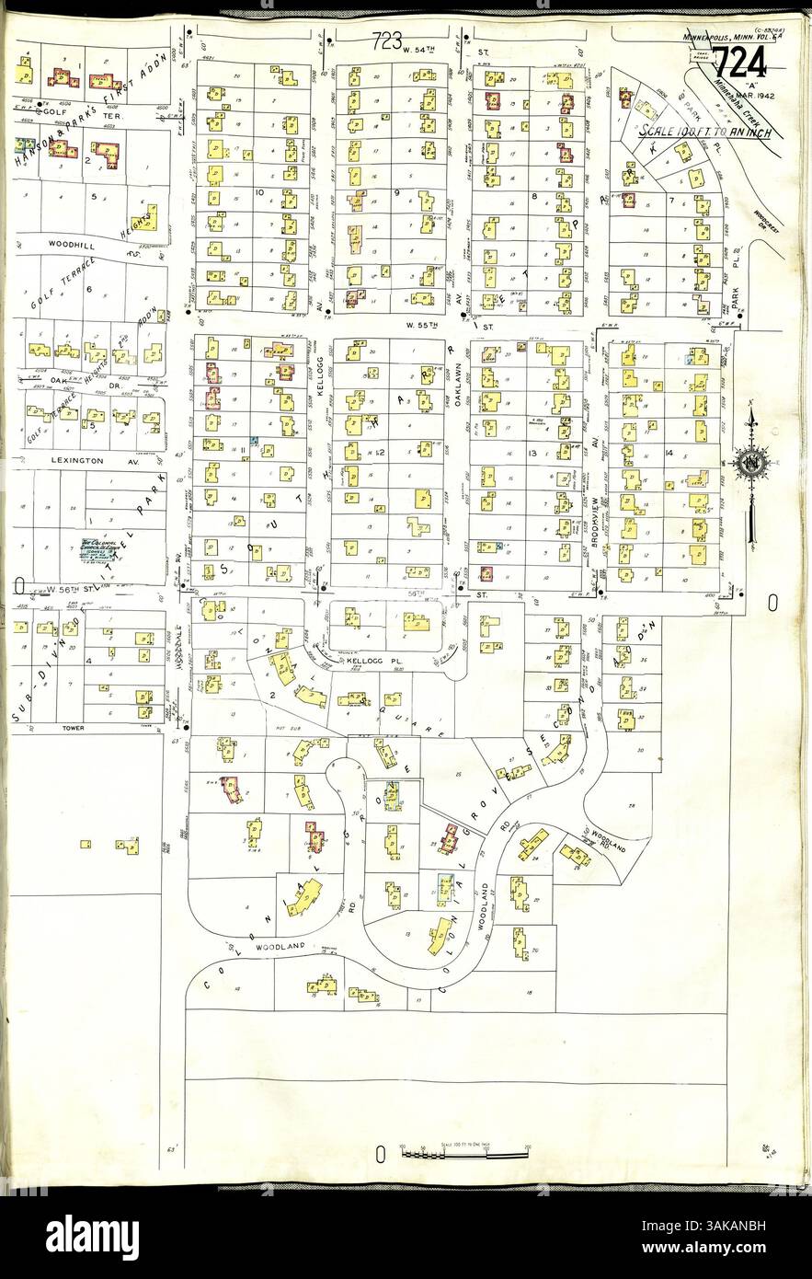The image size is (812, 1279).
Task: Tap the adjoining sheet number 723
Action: point(390,40)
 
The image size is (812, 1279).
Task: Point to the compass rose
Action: point(752,462)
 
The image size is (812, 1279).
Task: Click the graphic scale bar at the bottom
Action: point(464,1151)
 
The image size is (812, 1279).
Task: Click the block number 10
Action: point(261,192)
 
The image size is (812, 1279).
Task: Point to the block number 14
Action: point(669,454)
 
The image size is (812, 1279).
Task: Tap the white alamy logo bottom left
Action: point(92,1231)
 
